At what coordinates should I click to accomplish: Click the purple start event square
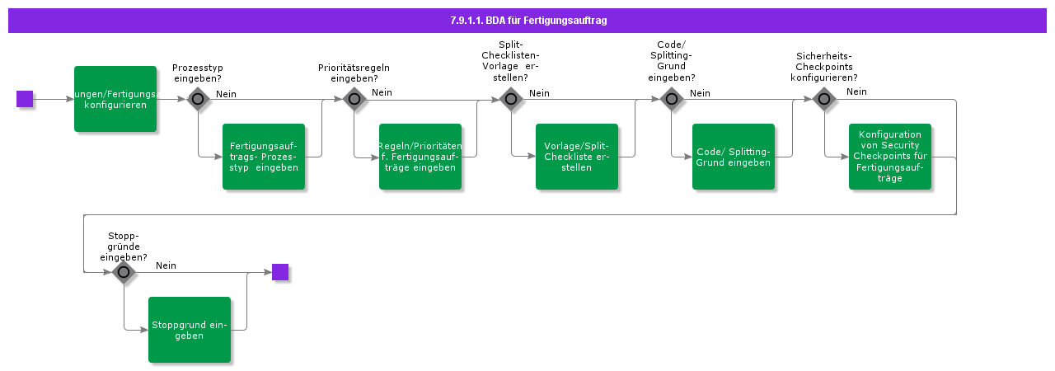coord(25,99)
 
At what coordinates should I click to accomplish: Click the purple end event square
coord(280,272)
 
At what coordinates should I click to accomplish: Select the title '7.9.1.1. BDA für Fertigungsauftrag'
coord(527,21)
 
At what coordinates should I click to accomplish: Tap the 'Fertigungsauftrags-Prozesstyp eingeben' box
coord(264,157)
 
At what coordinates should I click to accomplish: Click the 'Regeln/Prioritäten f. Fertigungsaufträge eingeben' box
coord(420,157)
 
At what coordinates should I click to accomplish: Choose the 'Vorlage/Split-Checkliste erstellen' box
coord(577,157)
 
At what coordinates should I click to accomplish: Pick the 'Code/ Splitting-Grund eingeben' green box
coord(734,157)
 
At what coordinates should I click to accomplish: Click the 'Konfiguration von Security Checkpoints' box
coord(890,157)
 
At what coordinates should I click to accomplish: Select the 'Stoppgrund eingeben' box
coord(190,330)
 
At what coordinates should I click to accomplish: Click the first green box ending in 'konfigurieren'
coord(115,99)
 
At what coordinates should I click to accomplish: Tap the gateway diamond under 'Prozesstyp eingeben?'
coord(198,99)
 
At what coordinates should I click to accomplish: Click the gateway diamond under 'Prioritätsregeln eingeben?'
coord(354,99)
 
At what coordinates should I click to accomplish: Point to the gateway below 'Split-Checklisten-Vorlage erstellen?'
coord(511,99)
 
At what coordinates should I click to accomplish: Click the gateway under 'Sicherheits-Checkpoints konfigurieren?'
coord(824,99)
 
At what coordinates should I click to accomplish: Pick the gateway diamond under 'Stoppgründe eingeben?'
coord(124,272)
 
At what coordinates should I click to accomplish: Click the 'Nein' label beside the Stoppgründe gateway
coord(166,265)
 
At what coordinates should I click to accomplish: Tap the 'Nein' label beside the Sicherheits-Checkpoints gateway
coord(856,92)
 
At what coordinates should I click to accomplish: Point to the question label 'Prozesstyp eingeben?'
coord(197,73)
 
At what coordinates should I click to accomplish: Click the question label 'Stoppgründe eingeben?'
coord(124,246)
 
